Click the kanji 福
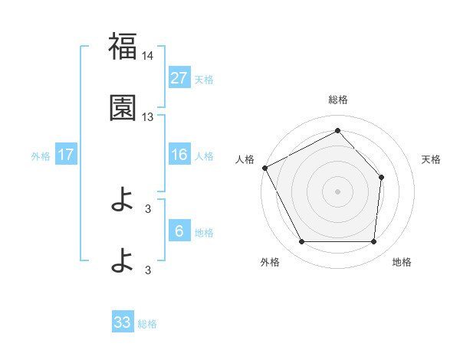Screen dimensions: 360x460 [x=123, y=47]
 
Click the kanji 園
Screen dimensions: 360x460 [x=123, y=108]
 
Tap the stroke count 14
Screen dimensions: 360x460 [x=148, y=57]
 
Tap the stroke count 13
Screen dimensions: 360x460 [x=148, y=117]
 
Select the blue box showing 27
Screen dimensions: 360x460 [x=179, y=77]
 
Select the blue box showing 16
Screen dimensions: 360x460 [x=179, y=155]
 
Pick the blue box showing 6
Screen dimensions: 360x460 [x=179, y=231]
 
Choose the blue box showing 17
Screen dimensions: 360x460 [x=66, y=155]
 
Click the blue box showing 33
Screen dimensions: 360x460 [x=123, y=322]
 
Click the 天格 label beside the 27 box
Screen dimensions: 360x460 [x=204, y=79]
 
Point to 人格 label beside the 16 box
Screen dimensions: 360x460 [x=204, y=155]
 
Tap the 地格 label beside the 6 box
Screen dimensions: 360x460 [x=204, y=232]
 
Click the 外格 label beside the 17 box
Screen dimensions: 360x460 [x=41, y=155]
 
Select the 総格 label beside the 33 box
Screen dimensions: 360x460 [x=147, y=323]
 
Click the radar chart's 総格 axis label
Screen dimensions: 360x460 [x=337, y=100]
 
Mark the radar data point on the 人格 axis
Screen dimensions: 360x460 [x=264, y=167]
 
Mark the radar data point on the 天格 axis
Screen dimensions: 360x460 [x=382, y=177]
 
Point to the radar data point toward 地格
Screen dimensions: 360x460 [x=374, y=242]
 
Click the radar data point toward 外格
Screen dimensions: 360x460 [x=301, y=242]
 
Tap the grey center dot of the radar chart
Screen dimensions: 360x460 [x=337, y=191]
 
